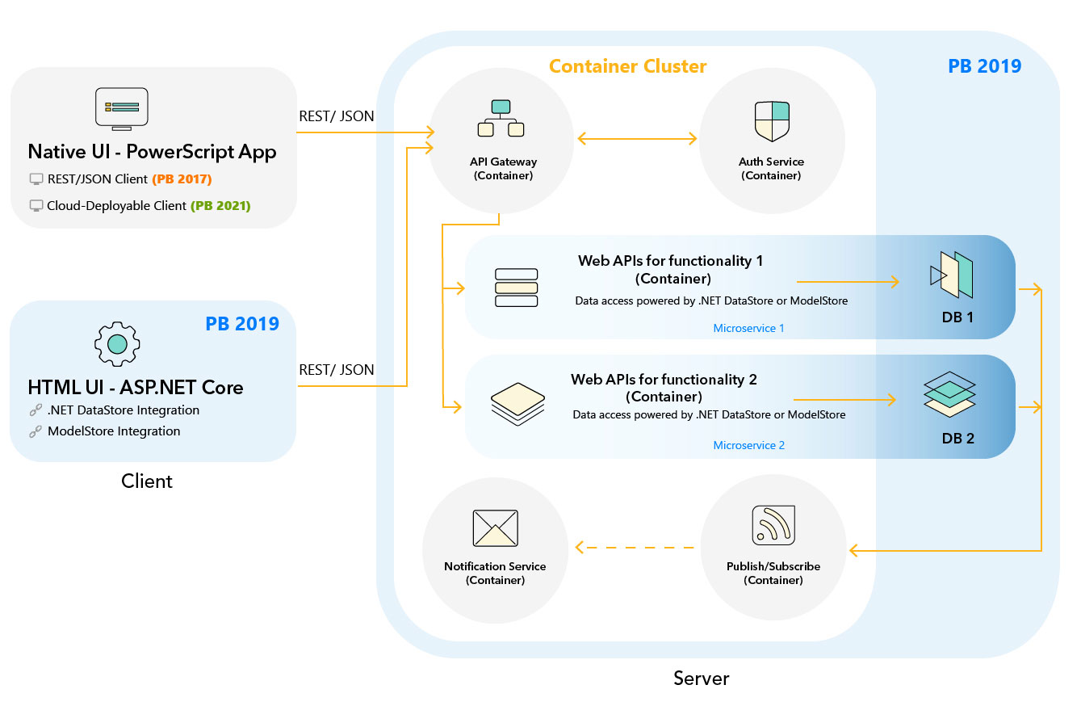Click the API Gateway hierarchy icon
coord(501,118)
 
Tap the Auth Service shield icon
coord(771,121)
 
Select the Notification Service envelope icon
coord(495,528)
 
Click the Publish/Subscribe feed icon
coord(773,525)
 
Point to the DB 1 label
coord(957,317)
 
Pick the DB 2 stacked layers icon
coord(949,394)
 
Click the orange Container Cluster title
coord(627,66)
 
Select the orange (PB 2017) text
coord(182,179)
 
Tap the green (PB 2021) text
coord(220,206)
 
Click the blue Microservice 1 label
coord(748,329)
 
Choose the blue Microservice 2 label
coord(748,445)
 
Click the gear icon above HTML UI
coord(117,344)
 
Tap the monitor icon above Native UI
coord(121,108)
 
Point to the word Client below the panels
coord(146,481)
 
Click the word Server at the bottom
coord(701,679)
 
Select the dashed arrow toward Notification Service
coord(635,548)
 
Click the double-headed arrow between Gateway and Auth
coord(637,139)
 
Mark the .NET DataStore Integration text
coord(123,410)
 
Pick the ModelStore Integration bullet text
coord(114,431)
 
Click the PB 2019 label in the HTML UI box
coord(242,324)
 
